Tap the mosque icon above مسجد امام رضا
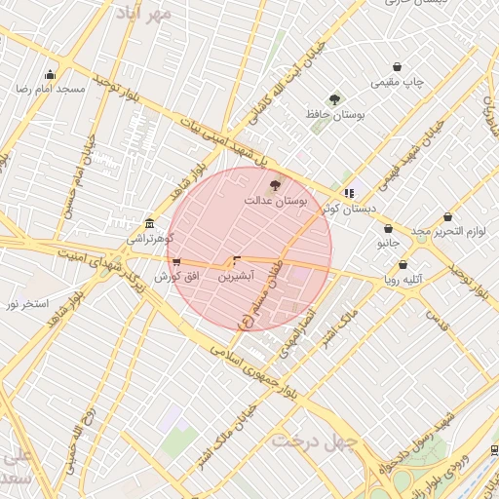50,74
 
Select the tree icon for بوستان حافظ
335,99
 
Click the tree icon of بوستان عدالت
275,184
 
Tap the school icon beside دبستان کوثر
349,193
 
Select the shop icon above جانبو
388,228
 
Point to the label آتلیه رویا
403,279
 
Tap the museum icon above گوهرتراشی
149,222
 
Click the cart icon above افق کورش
174,262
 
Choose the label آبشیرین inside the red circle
236,277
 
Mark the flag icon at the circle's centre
236,260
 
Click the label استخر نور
27,304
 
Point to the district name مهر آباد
142,13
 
